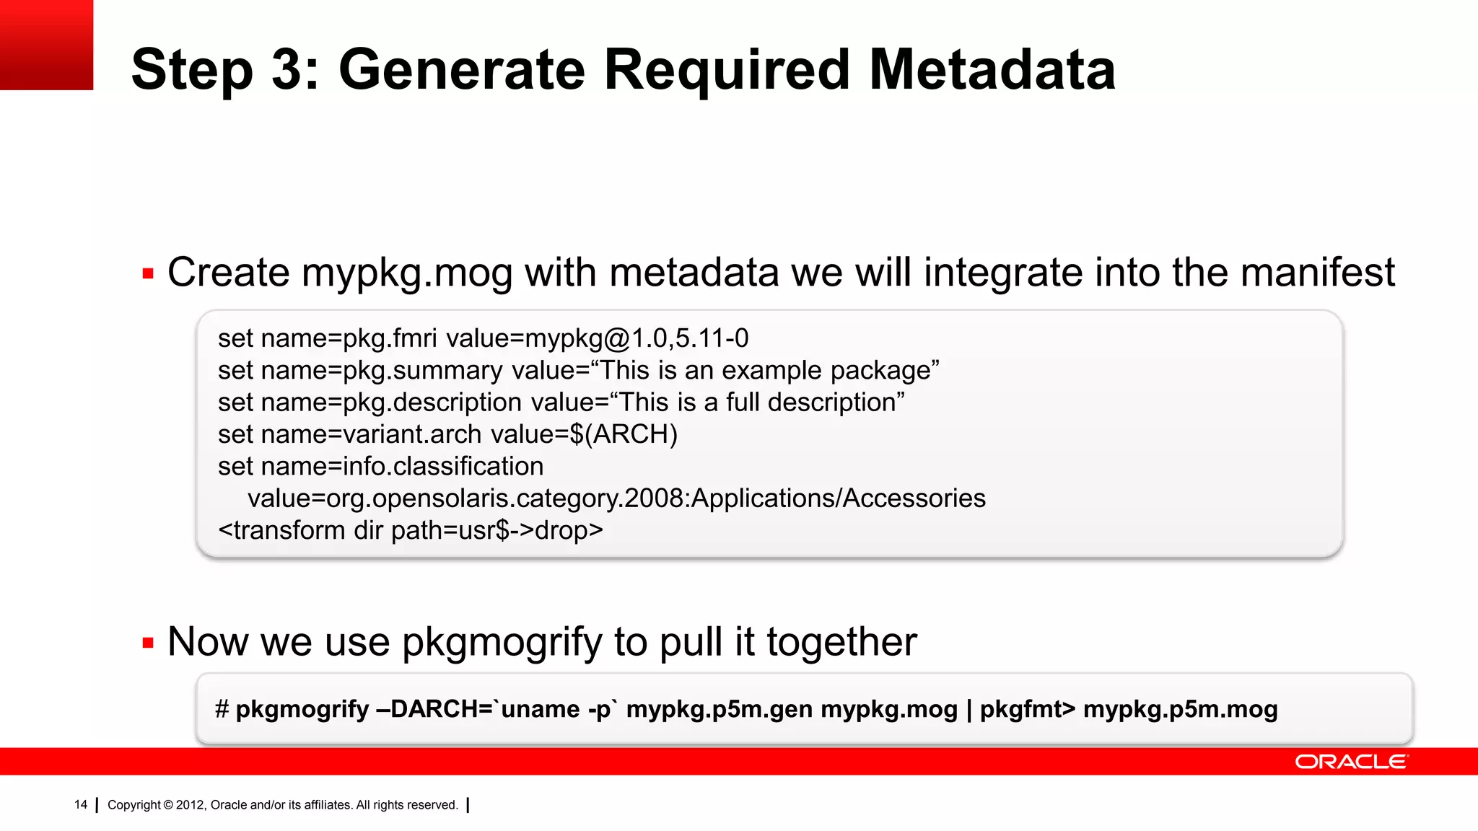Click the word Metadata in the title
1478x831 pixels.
(992, 70)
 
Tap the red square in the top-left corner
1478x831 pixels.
(46, 45)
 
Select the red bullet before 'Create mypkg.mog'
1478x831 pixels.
(149, 274)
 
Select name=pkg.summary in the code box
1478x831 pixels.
(381, 371)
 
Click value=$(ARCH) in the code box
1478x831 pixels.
(584, 434)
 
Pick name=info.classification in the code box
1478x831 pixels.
(402, 466)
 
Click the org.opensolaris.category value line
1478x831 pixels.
(616, 498)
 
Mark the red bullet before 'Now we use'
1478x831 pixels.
(149, 643)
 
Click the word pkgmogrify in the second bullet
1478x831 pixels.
(502, 643)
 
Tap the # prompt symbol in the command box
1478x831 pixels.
(222, 709)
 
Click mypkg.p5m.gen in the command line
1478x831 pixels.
(720, 709)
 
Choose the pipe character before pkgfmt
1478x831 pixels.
(968, 709)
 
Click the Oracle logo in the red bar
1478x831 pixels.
(1350, 762)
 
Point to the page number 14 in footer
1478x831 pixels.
(81, 804)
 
